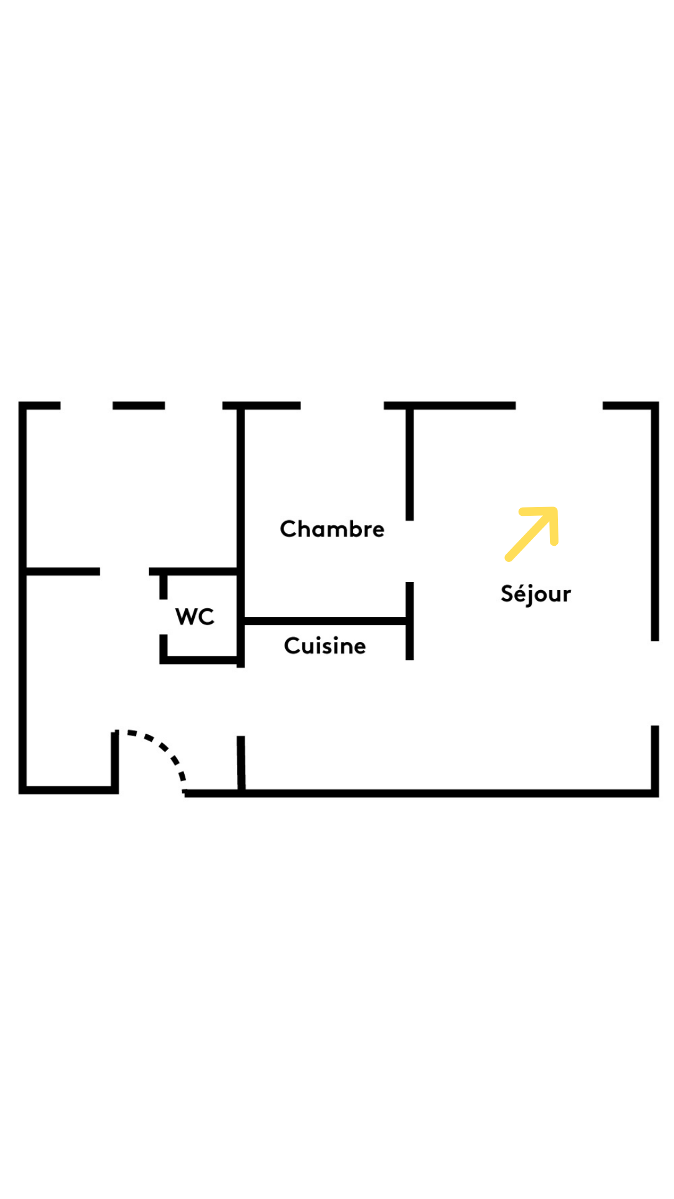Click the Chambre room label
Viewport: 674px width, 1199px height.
332,529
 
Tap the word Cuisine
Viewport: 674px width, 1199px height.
325,646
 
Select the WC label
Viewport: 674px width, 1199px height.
195,616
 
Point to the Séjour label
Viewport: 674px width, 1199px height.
535,594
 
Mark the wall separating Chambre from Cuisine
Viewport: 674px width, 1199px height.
325,621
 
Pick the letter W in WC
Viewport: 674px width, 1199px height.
187,616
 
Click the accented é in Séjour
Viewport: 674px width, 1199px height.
520,594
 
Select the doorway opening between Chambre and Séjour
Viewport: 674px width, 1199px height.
409,551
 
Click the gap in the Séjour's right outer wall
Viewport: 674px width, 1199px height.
655,683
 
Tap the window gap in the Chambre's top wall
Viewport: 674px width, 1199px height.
342,406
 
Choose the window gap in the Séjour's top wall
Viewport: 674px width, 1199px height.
559,406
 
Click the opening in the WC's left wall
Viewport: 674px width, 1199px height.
164,617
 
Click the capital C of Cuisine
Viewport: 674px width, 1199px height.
291,646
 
